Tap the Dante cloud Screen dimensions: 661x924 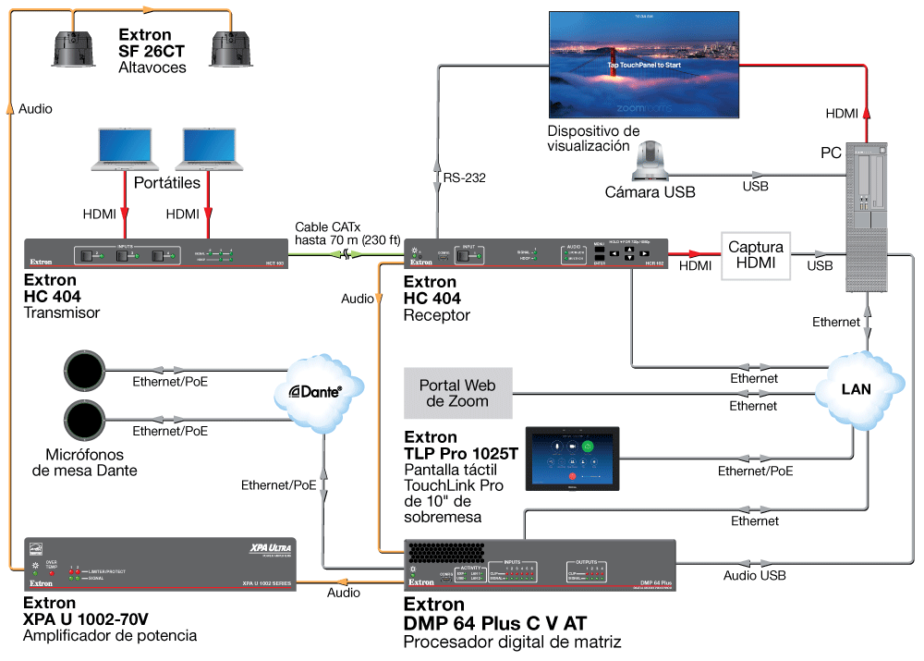pyautogui.click(x=320, y=393)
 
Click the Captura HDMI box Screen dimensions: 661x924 pyautogui.click(x=756, y=255)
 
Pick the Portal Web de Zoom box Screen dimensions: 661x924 pyautogui.click(x=458, y=393)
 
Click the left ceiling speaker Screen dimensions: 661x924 pyautogui.click(x=75, y=47)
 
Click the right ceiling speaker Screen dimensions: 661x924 pyautogui.click(x=232, y=47)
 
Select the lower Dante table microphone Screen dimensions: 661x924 pyautogui.click(x=87, y=422)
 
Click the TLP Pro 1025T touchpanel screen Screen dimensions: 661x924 pyautogui.click(x=573, y=458)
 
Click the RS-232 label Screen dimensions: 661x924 pyautogui.click(x=463, y=177)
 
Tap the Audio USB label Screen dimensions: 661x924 pyautogui.click(x=755, y=575)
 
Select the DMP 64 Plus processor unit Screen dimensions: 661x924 pyautogui.click(x=541, y=564)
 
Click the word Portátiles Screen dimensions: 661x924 pyautogui.click(x=167, y=183)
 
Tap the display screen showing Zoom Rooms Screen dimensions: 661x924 pyautogui.click(x=645, y=64)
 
